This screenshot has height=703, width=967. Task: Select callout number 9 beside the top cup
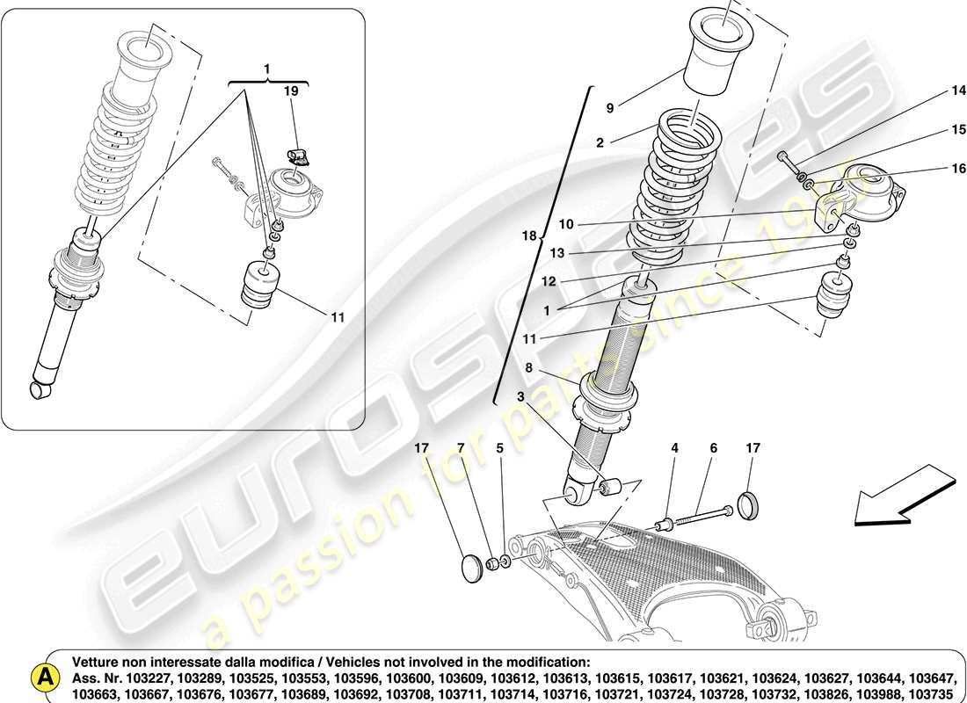(610, 109)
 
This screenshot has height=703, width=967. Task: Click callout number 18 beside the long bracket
(527, 236)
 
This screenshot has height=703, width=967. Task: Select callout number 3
(521, 397)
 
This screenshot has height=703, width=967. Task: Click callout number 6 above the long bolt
(713, 448)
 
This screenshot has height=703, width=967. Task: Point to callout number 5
(500, 448)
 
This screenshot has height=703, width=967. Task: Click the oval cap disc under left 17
(475, 567)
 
